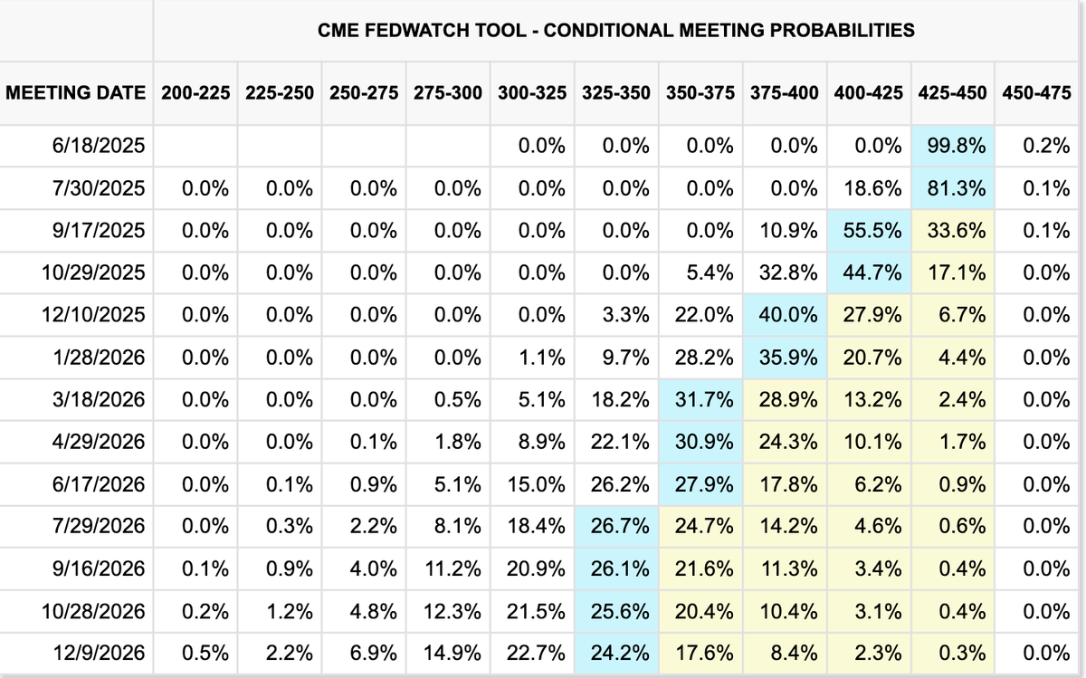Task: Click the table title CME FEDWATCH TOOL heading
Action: tap(615, 31)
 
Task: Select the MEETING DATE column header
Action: tap(76, 93)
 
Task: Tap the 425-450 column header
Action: tap(952, 93)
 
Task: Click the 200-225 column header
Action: tap(195, 93)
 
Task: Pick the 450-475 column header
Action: tap(1036, 93)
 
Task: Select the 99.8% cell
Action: tap(956, 146)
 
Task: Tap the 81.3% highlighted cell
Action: tap(956, 188)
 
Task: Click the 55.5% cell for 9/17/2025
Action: tap(872, 231)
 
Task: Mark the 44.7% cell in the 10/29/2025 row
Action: tap(872, 272)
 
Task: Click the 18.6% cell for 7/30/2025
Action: tap(872, 188)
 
